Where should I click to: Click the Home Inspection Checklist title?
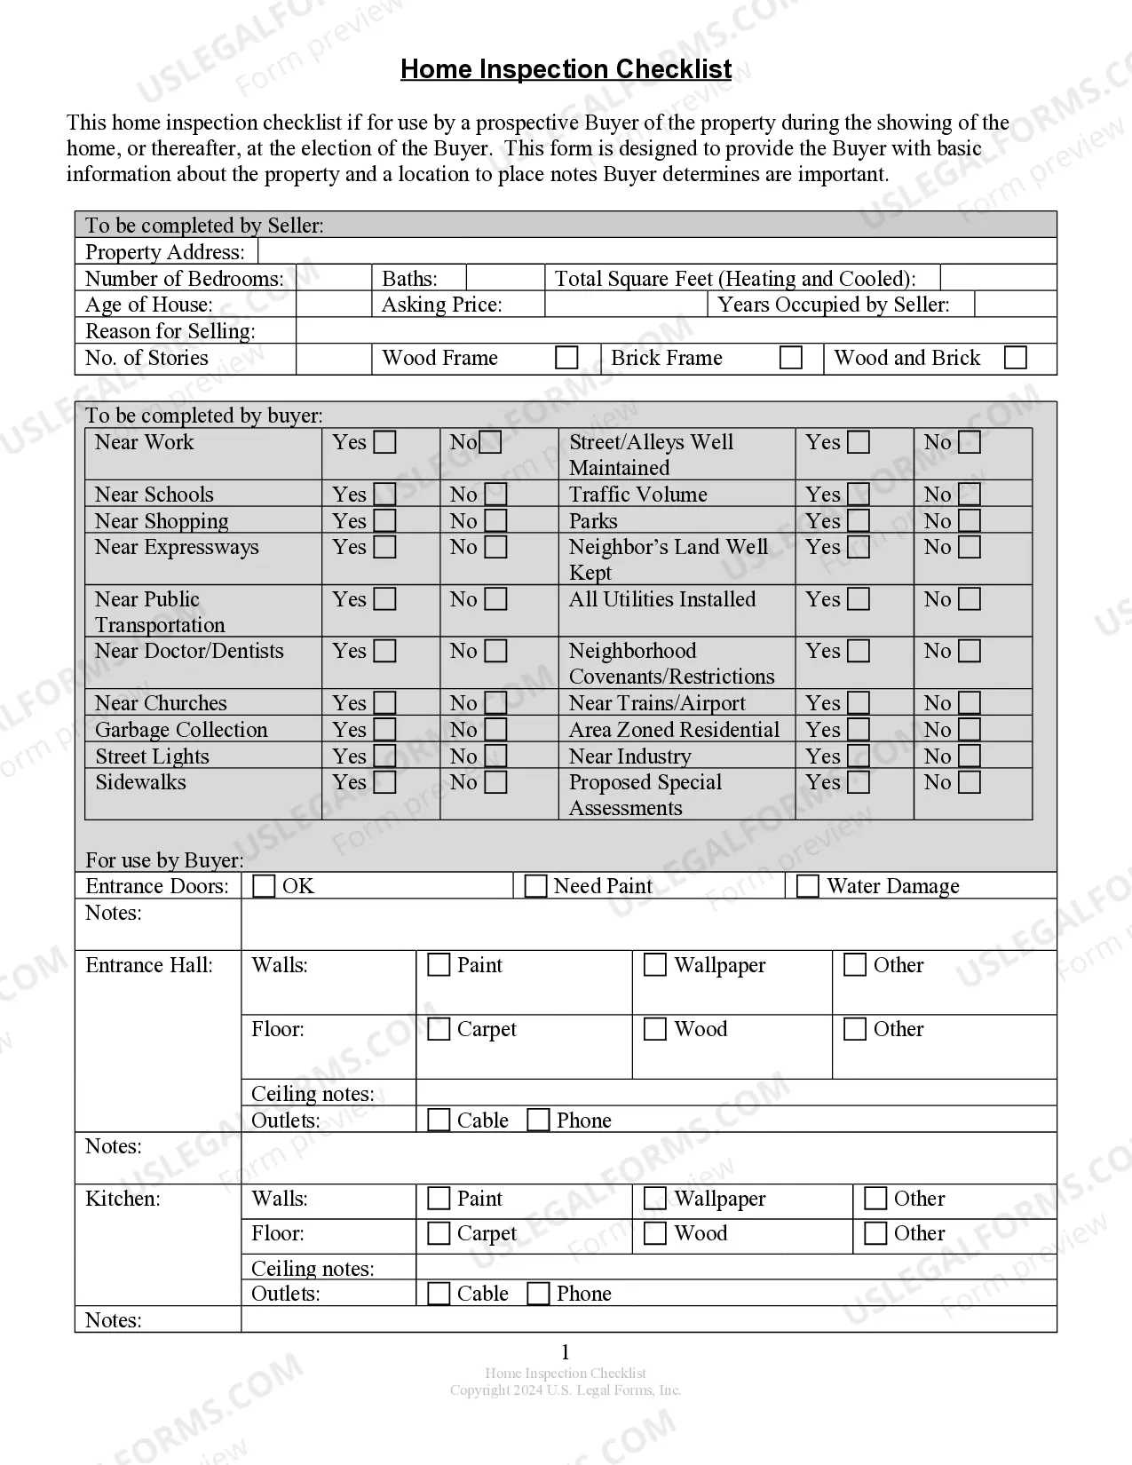coord(566,69)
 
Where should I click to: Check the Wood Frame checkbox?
coord(566,358)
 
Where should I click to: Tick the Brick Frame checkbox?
coord(790,358)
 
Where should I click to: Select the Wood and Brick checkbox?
coord(1015,358)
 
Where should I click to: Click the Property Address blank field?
coord(657,251)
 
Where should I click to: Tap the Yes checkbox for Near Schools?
coord(384,495)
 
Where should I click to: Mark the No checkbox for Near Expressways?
coord(496,547)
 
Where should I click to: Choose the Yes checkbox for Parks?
coord(859,521)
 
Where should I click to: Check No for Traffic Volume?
coord(970,495)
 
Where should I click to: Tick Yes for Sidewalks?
coord(384,782)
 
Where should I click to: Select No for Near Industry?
coord(970,756)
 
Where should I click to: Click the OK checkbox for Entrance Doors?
coord(264,886)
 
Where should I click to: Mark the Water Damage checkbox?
coord(808,886)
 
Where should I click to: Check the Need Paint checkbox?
coord(535,886)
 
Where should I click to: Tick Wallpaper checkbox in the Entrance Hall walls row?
coord(655,965)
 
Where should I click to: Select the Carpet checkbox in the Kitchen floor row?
coord(439,1233)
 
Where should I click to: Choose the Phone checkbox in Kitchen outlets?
coord(538,1294)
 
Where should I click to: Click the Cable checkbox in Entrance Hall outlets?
coord(439,1121)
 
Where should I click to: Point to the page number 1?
coord(566,1352)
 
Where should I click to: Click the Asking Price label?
coord(441,305)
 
